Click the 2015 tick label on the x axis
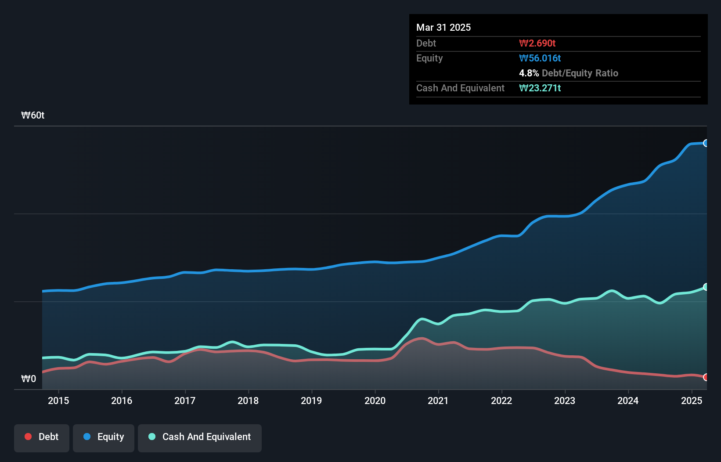click(x=58, y=401)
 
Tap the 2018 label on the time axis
click(x=248, y=401)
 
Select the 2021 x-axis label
click(x=438, y=401)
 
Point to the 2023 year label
click(x=565, y=401)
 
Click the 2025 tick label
click(x=692, y=401)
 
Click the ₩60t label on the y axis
click(x=33, y=115)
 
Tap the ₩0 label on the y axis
click(x=29, y=379)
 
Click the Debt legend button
click(x=42, y=437)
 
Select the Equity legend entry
click(x=104, y=437)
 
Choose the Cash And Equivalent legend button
click(x=200, y=437)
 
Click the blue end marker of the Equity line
click(x=706, y=143)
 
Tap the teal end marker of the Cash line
click(x=706, y=287)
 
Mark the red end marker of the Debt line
click(x=706, y=377)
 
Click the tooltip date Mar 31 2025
click(x=443, y=27)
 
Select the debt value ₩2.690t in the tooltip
click(x=537, y=43)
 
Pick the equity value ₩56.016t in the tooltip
click(x=540, y=58)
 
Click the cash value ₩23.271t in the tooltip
click(x=540, y=88)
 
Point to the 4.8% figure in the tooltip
click(x=529, y=73)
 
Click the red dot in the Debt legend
click(x=28, y=437)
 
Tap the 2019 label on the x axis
click(x=311, y=401)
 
